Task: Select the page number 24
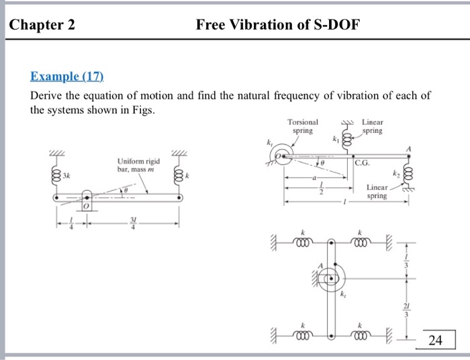(x=435, y=341)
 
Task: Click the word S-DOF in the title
(x=332, y=26)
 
